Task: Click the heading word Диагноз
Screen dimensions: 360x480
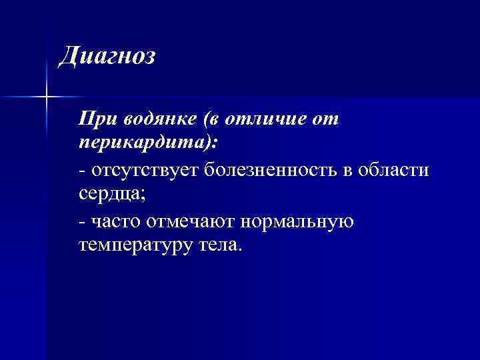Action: point(107,56)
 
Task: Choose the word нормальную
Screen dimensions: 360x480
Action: point(291,220)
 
